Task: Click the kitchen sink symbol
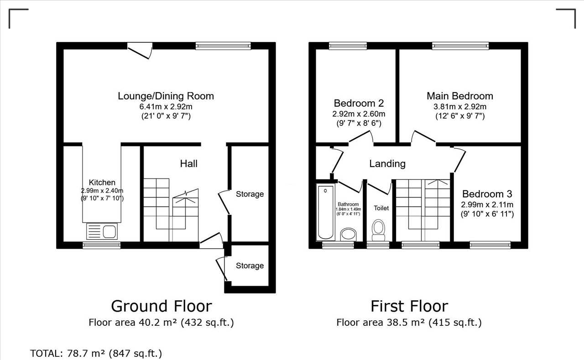pos(102,231)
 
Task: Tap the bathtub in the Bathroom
pos(326,212)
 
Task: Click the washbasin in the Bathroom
pos(348,235)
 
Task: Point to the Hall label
pos(189,164)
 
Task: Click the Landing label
pos(387,164)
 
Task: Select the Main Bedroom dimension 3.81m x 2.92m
pos(460,107)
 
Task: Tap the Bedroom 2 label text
pos(359,103)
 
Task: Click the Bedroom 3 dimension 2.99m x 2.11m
pos(487,204)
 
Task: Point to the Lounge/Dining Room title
pos(166,96)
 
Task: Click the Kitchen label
pos(102,182)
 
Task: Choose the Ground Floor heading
pos(162,306)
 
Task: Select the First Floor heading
pos(409,306)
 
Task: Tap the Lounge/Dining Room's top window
pos(223,46)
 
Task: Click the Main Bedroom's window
pos(460,46)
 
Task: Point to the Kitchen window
pos(102,245)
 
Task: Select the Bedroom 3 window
pos(490,245)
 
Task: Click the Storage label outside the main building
pos(250,266)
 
